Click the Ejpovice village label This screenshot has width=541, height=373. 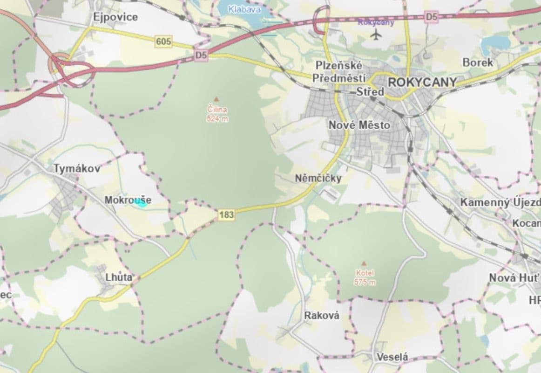click(x=115, y=17)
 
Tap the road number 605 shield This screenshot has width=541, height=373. click(x=163, y=42)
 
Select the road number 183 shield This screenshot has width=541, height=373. click(x=226, y=215)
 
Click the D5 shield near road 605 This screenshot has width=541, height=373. click(x=201, y=55)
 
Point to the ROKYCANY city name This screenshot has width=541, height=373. click(x=422, y=82)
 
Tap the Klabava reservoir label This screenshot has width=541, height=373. click(x=244, y=8)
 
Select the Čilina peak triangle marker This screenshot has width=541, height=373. click(x=216, y=99)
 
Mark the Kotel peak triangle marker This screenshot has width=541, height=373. click(x=364, y=263)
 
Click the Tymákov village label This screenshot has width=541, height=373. click(x=77, y=168)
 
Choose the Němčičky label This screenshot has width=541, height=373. click(x=318, y=178)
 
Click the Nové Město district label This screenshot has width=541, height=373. click(x=359, y=125)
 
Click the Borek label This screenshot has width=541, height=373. click(x=478, y=62)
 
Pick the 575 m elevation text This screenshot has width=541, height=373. click(x=365, y=283)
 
